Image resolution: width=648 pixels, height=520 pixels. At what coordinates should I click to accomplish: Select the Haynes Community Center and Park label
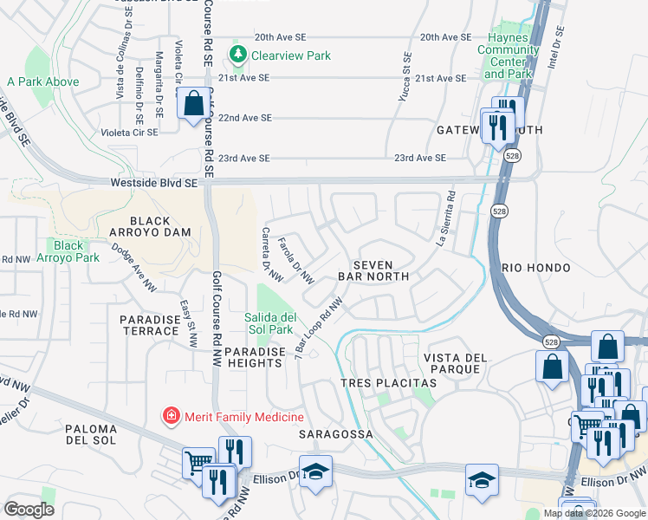[x=509, y=62]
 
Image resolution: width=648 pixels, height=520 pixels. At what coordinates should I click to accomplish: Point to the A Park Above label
[x=43, y=82]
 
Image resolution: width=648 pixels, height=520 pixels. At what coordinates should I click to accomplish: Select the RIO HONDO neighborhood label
[x=535, y=268]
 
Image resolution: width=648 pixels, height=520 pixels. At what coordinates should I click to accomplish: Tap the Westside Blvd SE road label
[x=154, y=183]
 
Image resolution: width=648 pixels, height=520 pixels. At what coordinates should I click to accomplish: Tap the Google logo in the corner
[x=29, y=510]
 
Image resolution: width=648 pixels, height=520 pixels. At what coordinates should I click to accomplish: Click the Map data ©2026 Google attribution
[x=594, y=513]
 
